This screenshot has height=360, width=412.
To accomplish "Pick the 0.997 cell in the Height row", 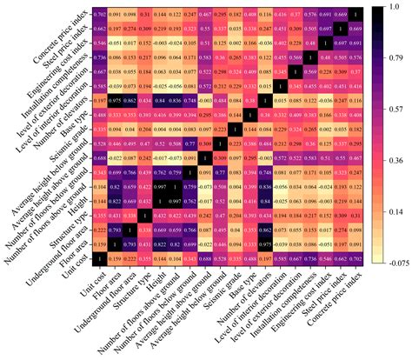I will click(174, 199).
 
